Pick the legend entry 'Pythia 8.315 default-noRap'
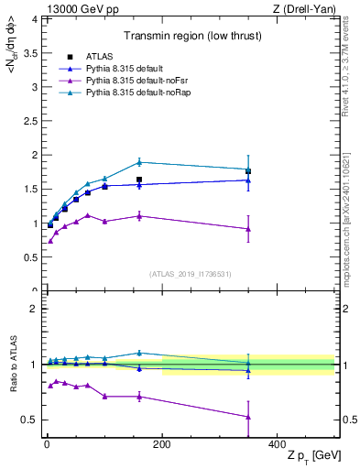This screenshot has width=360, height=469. click(x=128, y=93)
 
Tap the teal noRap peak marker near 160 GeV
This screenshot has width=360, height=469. click(x=139, y=162)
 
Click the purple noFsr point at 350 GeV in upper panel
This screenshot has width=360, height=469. click(x=248, y=229)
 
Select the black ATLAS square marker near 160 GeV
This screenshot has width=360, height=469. click(x=139, y=180)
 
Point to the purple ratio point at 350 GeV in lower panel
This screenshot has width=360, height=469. click(x=248, y=417)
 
